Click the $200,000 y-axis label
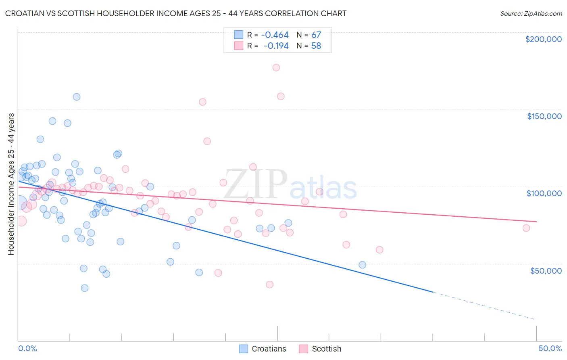pyautogui.click(x=543, y=39)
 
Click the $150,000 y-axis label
pyautogui.click(x=544, y=116)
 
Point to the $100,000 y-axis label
pyautogui.click(x=544, y=193)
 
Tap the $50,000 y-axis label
pyautogui.click(x=546, y=270)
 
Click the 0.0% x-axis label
pyautogui.click(x=27, y=348)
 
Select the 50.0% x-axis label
pyautogui.click(x=550, y=348)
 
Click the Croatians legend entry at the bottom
pyautogui.click(x=263, y=349)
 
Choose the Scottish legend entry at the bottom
pyautogui.click(x=321, y=349)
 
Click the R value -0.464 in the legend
pyautogui.click(x=275, y=35)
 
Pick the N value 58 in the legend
pyautogui.click(x=316, y=46)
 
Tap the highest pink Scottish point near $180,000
pyautogui.click(x=276, y=67)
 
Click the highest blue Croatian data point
pyautogui.click(x=77, y=97)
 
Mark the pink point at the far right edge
pyautogui.click(x=526, y=228)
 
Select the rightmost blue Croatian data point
pyautogui.click(x=363, y=265)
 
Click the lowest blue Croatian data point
pyautogui.click(x=85, y=288)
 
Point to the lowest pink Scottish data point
pyautogui.click(x=270, y=284)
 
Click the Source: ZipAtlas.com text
pyautogui.click(x=531, y=14)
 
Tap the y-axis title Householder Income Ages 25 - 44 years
pyautogui.click(x=11, y=184)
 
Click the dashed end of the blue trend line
pyautogui.click(x=484, y=306)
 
